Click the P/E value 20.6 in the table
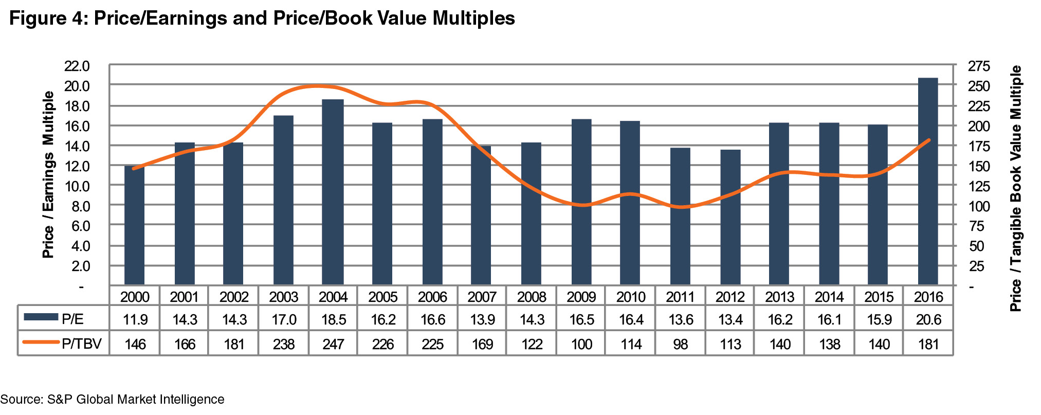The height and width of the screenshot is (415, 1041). [x=928, y=320]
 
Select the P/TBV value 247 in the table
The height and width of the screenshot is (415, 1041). [x=333, y=344]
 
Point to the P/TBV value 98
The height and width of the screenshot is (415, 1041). [x=680, y=344]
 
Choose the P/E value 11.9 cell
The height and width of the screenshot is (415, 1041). [x=135, y=320]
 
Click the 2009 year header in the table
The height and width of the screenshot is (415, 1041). [x=581, y=297]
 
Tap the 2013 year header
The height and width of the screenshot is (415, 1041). [x=779, y=297]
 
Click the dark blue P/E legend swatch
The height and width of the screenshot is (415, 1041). [x=41, y=317]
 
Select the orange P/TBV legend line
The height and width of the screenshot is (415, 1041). [x=41, y=342]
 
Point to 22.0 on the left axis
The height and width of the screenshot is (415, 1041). [x=77, y=66]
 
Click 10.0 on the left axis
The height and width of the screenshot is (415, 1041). [x=77, y=186]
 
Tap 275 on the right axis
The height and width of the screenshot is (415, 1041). [x=979, y=66]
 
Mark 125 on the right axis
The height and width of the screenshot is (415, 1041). [x=979, y=186]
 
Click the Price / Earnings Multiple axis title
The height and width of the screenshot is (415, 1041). [x=48, y=175]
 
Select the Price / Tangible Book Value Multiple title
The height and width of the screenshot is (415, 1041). [x=1015, y=188]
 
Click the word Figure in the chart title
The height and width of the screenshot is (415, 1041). [x=39, y=19]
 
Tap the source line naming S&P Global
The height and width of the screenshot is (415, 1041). [x=112, y=400]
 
